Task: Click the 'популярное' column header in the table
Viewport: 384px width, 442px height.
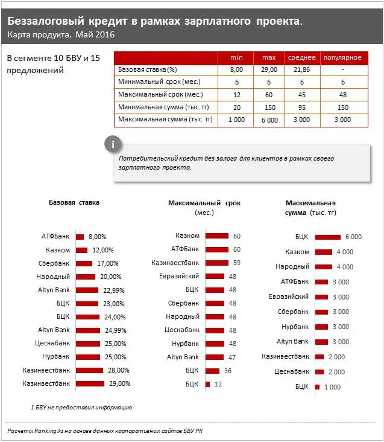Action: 342,57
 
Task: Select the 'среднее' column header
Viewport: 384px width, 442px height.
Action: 301,57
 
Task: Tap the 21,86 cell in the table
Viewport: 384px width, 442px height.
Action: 301,69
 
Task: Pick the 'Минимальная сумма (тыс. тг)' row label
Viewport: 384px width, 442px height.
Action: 160,107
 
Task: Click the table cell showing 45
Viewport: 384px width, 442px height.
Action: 301,94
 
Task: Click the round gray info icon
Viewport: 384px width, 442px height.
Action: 113,144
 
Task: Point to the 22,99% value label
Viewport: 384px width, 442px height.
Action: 113,290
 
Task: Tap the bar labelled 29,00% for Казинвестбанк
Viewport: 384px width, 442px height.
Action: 90,383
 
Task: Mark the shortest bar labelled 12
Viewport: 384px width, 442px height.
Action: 207,383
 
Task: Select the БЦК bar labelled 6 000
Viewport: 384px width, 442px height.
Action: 327,237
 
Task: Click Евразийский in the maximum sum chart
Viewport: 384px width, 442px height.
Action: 289,296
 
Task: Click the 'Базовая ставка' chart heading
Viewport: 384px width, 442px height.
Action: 74,203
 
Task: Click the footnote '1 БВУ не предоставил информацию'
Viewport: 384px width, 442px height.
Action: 81,407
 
